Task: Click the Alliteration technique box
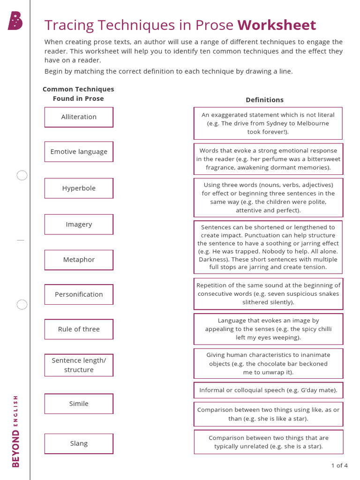click(x=79, y=117)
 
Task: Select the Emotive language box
click(x=79, y=152)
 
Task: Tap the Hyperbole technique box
click(x=79, y=188)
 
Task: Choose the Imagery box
click(x=79, y=225)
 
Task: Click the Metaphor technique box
click(x=79, y=260)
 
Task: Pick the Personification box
click(x=79, y=294)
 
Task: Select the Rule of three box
click(x=79, y=329)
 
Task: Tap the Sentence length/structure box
click(x=79, y=365)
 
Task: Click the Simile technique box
click(x=79, y=404)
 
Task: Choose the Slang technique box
click(x=79, y=443)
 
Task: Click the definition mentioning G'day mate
click(x=268, y=390)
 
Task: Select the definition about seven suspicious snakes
click(x=268, y=294)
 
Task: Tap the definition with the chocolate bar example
click(x=268, y=364)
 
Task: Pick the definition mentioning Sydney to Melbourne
click(x=268, y=123)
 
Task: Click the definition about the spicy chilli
click(x=268, y=329)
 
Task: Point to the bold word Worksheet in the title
click(x=277, y=25)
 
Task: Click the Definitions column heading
click(x=264, y=100)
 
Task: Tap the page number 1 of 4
click(x=339, y=465)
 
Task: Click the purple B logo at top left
click(x=15, y=21)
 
